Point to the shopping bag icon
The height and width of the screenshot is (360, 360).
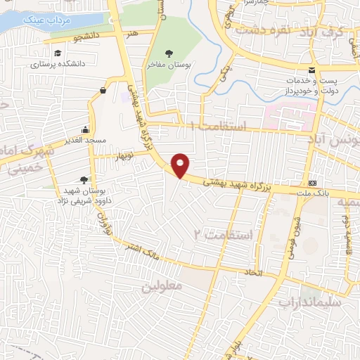[103, 89]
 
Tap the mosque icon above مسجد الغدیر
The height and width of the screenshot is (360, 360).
[85, 129]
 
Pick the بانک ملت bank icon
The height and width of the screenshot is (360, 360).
[312, 181]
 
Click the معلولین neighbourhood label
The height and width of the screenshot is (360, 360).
[162, 287]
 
